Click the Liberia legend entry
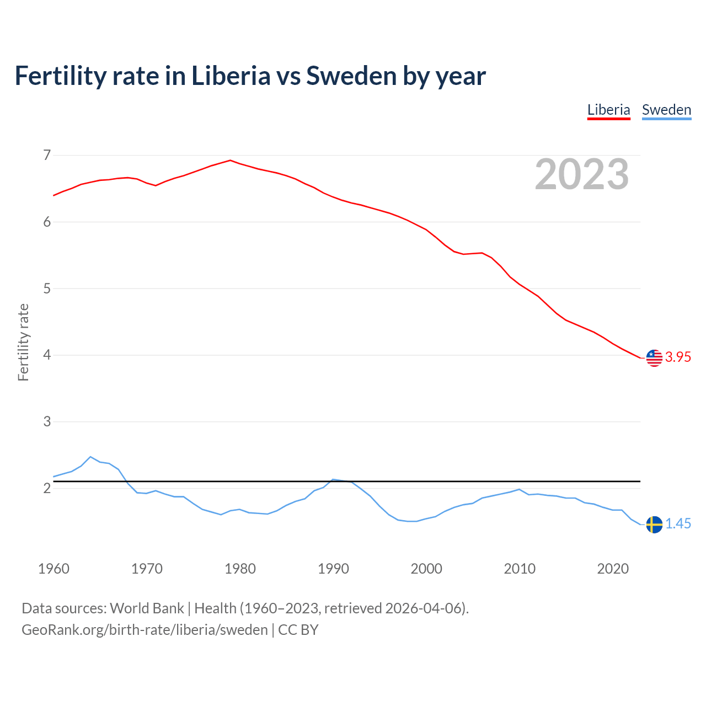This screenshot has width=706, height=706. tap(608, 110)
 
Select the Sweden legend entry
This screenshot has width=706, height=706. tap(666, 110)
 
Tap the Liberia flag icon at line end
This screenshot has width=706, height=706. tap(654, 358)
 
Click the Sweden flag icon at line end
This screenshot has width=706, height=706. tap(654, 525)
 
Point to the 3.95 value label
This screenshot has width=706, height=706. tap(678, 357)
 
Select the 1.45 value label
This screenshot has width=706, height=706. tap(678, 524)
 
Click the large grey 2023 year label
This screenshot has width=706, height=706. tap(582, 174)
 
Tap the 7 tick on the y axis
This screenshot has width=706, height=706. tap(47, 155)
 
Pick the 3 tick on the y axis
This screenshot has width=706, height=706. tap(47, 422)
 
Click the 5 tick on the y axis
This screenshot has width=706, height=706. tap(47, 288)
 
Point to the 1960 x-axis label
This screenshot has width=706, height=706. tap(54, 569)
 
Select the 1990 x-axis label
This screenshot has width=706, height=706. tap(333, 569)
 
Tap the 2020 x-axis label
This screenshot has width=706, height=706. tap(613, 569)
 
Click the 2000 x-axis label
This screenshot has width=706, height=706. tap(426, 569)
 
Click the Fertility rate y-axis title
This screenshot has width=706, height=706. tap(23, 342)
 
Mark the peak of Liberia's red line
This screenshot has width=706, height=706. tap(231, 161)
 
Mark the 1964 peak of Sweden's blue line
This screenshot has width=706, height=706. tap(90, 457)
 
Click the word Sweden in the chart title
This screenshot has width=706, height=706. tap(351, 76)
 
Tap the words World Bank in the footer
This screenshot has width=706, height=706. tap(147, 608)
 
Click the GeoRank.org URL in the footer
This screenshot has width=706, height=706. tap(145, 630)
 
